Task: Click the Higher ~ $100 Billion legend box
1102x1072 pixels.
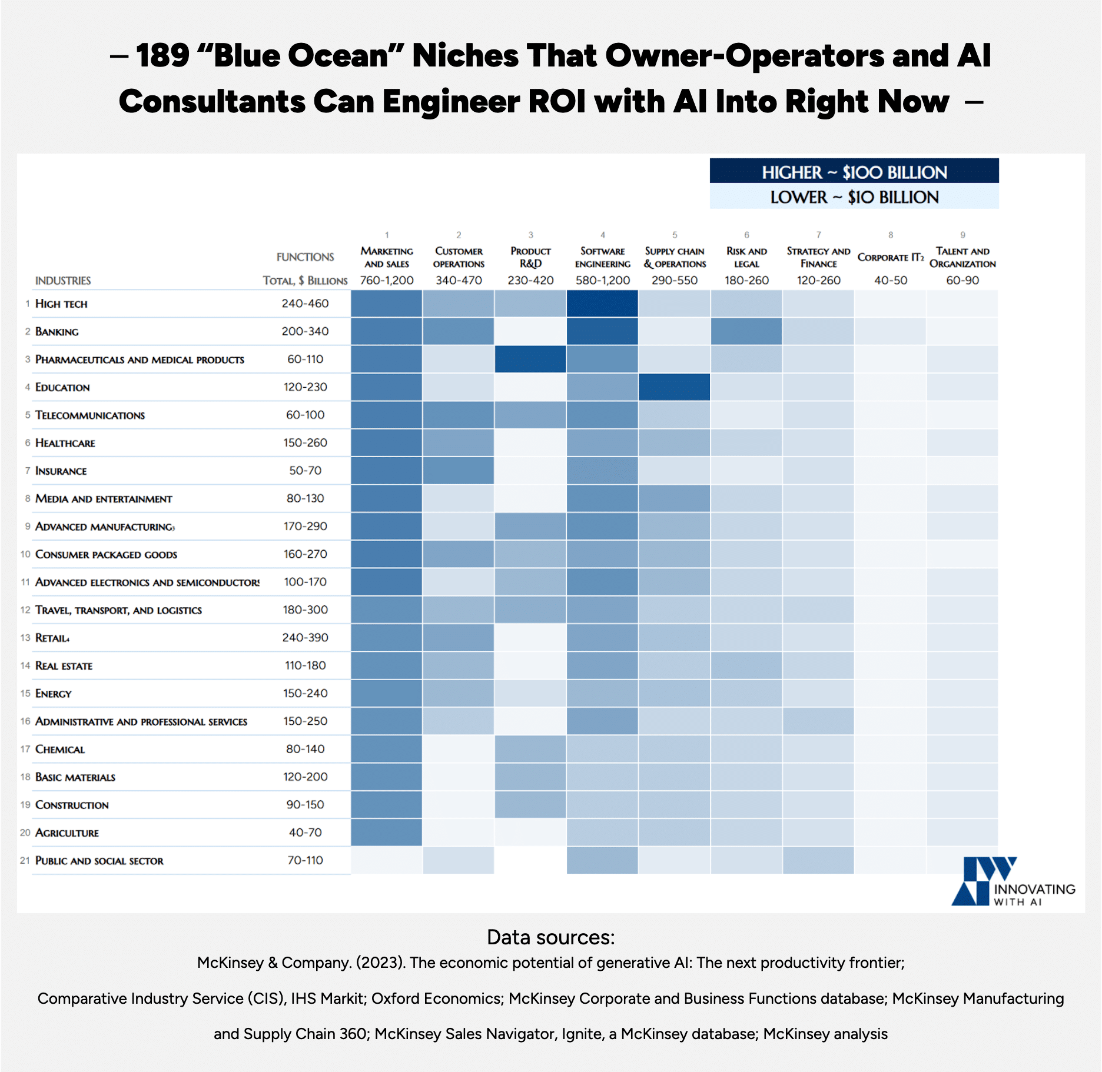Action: coord(854,172)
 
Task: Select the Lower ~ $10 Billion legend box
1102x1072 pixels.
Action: coord(854,197)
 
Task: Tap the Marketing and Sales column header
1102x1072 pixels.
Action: coord(387,257)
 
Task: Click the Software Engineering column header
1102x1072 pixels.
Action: coord(602,257)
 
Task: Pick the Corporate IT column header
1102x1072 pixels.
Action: coord(890,257)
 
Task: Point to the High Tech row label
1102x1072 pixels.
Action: coord(61,304)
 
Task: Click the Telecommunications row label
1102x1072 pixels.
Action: coord(90,415)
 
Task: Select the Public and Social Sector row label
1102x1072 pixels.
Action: coord(99,860)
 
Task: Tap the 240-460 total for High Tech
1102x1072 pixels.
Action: coord(305,304)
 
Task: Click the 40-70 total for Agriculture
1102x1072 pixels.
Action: coord(305,833)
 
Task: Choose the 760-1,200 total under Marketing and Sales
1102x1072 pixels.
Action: coord(387,281)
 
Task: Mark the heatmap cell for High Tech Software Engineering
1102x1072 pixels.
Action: coord(602,304)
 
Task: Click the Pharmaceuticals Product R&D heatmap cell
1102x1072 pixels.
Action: coord(530,359)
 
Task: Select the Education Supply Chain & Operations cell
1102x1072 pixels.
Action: coord(674,387)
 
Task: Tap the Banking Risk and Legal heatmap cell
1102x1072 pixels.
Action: coord(746,331)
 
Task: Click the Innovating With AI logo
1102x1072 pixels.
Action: coord(1013,881)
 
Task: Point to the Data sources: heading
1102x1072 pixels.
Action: coord(550,937)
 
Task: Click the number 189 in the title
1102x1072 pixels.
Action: coord(163,56)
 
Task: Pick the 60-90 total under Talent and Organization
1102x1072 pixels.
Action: coord(962,281)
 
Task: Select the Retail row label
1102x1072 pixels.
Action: coord(52,638)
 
